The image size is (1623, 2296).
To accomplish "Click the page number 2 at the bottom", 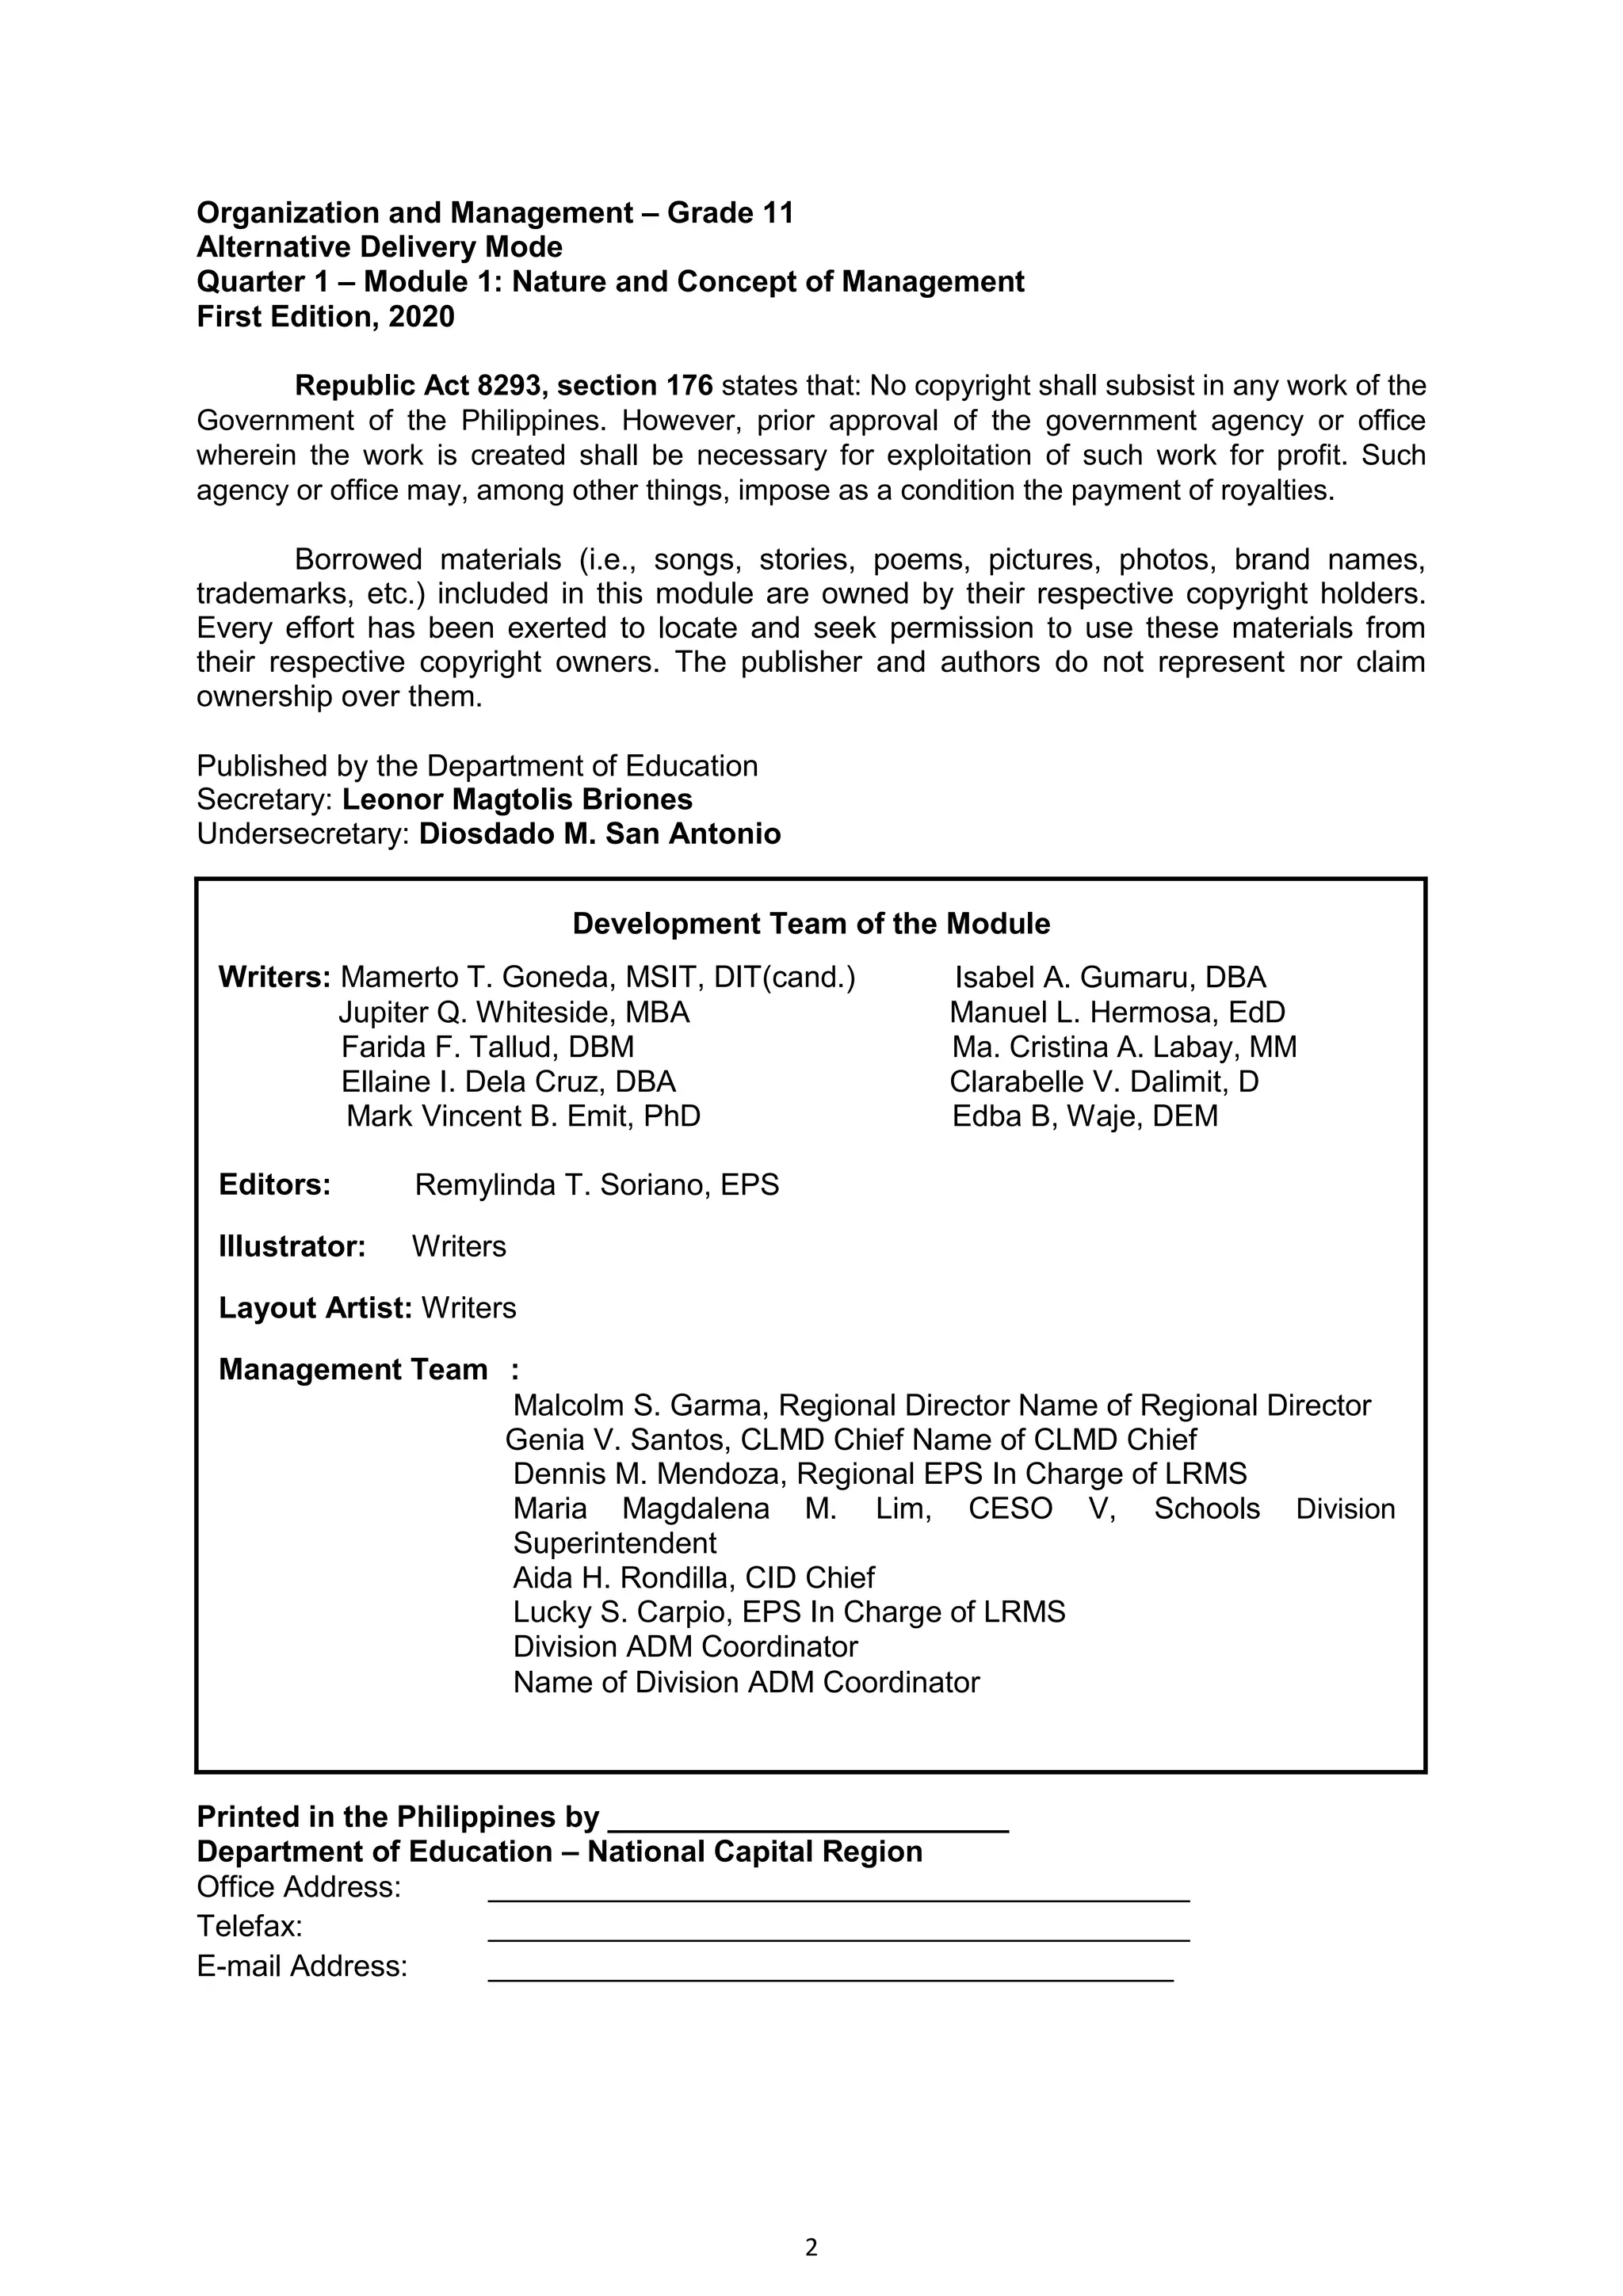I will pyautogui.click(x=811, y=2247).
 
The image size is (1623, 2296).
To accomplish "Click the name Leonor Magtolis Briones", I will pyautogui.click(x=517, y=800).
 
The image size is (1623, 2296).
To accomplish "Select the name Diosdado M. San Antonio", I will pyautogui.click(x=599, y=834).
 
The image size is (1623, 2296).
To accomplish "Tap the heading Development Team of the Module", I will pyautogui.click(x=811, y=924).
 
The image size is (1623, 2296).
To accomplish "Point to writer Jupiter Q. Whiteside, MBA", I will pyautogui.click(x=514, y=1013).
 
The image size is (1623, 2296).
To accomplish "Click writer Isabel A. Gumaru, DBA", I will pyautogui.click(x=1110, y=978).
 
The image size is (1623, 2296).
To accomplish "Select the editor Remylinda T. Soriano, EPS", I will pyautogui.click(x=596, y=1185).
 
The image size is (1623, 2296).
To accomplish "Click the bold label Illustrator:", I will pyautogui.click(x=292, y=1247).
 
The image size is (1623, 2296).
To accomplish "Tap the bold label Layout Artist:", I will pyautogui.click(x=315, y=1308).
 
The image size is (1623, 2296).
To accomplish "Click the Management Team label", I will pyautogui.click(x=353, y=1369).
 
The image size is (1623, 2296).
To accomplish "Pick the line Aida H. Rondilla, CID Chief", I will pyautogui.click(x=693, y=1578).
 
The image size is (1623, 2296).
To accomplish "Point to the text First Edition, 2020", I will pyautogui.click(x=325, y=317).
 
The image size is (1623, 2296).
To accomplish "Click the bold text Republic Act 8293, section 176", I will pyautogui.click(x=503, y=386).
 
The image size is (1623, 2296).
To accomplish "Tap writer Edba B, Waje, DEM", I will pyautogui.click(x=1085, y=1116).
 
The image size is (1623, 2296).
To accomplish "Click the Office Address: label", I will pyautogui.click(x=298, y=1887).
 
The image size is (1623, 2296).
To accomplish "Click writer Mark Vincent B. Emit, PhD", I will pyautogui.click(x=523, y=1116).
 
